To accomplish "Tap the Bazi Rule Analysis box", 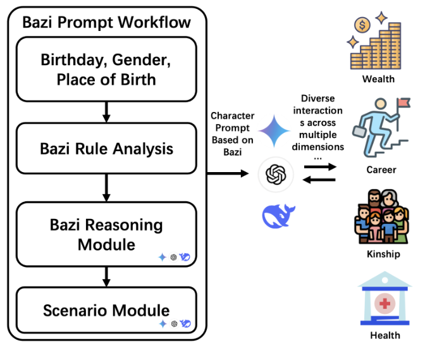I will (x=106, y=149).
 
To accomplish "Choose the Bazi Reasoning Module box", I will (x=106, y=234).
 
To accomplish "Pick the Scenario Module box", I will (x=106, y=311).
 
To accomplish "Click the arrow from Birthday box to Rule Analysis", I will (x=106, y=111).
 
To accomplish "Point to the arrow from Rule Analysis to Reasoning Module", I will (x=106, y=189).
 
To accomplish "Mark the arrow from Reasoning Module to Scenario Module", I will (x=106, y=276).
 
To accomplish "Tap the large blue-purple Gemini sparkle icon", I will (x=274, y=132).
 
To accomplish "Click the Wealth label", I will (x=378, y=79).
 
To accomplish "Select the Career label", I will (x=381, y=170).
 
